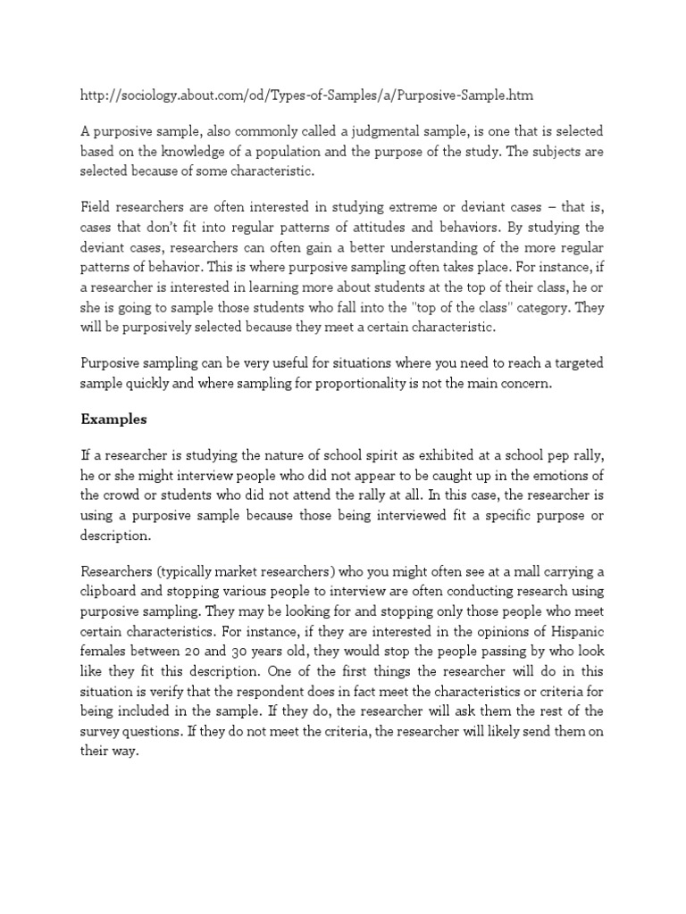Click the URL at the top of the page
pyautogui.click(x=310, y=94)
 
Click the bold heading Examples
pyautogui.click(x=113, y=418)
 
